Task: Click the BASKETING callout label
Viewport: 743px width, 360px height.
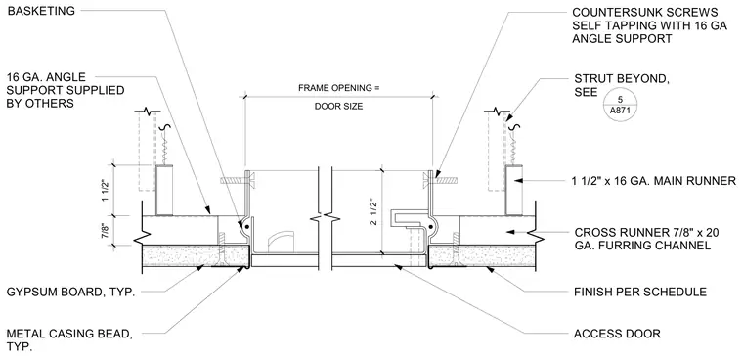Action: click(x=41, y=11)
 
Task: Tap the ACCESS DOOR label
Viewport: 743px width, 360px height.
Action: click(x=617, y=334)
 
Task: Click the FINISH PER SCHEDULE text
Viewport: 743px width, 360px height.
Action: click(x=639, y=292)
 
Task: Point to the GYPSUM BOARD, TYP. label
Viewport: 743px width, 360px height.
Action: click(x=70, y=292)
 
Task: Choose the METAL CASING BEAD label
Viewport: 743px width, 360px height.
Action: click(x=69, y=340)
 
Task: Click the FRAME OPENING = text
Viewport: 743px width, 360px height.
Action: click(x=339, y=88)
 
